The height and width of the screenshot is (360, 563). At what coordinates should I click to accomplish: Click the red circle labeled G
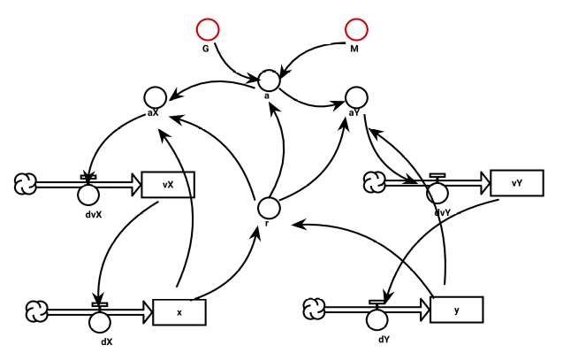pyautogui.click(x=208, y=31)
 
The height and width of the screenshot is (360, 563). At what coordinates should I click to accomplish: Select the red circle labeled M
pyautogui.click(x=357, y=31)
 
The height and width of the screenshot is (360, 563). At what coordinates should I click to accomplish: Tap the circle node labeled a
pyautogui.click(x=269, y=80)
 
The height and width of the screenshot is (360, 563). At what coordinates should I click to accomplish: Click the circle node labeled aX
pyautogui.click(x=156, y=96)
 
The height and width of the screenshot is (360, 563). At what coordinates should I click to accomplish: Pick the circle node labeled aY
pyautogui.click(x=355, y=96)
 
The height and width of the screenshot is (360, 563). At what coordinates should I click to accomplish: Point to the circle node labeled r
pyautogui.click(x=269, y=208)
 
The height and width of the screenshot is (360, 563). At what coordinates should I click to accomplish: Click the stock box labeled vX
pyautogui.click(x=167, y=185)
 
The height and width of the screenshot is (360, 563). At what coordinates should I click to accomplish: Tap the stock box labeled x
pyautogui.click(x=179, y=311)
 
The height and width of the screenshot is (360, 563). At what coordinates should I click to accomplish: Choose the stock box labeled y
pyautogui.click(x=457, y=310)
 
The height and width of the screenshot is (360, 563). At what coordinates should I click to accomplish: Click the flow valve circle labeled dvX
pyautogui.click(x=87, y=191)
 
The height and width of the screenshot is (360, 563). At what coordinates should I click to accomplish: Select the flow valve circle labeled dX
pyautogui.click(x=101, y=318)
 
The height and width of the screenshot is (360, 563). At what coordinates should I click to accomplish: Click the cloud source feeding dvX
pyautogui.click(x=25, y=184)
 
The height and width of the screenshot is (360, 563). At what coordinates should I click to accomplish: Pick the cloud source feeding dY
pyautogui.click(x=316, y=309)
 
